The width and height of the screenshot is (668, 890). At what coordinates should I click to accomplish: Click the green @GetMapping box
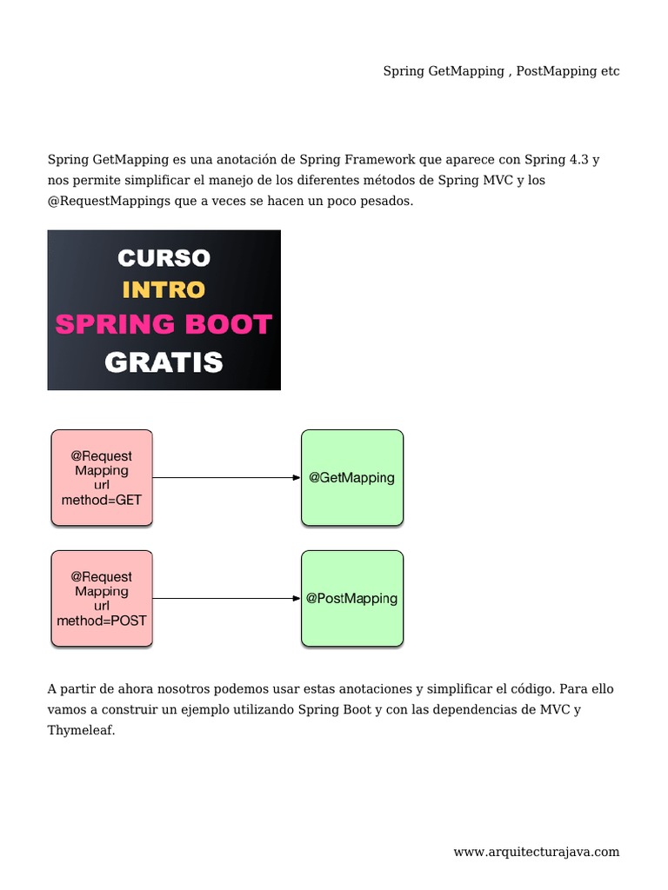pos(352,477)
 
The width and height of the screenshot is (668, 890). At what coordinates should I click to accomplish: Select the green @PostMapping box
pos(352,598)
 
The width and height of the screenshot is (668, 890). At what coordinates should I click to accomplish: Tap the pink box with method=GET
pos(102,477)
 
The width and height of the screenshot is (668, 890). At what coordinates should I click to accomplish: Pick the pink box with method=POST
pos(102,598)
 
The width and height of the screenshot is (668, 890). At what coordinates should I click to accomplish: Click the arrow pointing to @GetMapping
pos(226,477)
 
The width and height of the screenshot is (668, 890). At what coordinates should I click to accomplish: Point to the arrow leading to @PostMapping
pos(226,598)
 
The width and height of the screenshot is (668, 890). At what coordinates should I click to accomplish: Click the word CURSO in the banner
pos(164,258)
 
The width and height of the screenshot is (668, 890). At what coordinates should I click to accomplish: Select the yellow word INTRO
pos(164,289)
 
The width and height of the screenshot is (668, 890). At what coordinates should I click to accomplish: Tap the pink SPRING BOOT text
pos(164,324)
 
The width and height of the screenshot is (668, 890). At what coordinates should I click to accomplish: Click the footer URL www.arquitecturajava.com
pos(536,852)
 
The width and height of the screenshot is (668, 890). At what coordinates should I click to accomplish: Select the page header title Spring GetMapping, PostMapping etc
pos(501,71)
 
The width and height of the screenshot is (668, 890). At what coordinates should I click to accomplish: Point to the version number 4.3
pos(578,160)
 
